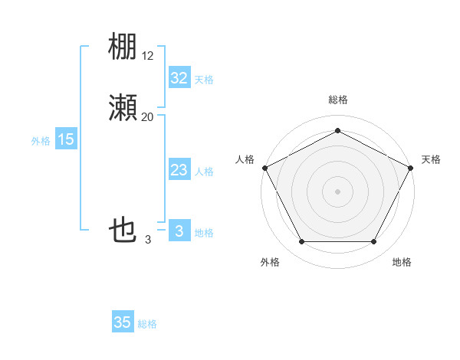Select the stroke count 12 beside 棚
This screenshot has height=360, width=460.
point(148,56)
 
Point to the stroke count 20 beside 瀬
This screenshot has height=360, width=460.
point(148,117)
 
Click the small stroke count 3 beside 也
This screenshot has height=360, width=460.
point(148,240)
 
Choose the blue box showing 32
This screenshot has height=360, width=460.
point(179,78)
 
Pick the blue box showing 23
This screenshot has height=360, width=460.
point(179,170)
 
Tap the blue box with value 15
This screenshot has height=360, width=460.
point(66,139)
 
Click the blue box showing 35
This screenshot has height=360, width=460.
point(123,322)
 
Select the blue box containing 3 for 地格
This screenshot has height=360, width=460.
point(179,231)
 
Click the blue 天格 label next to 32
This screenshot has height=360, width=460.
point(204,80)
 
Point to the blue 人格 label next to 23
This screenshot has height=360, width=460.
point(204,172)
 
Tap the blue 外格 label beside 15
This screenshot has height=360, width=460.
point(41,141)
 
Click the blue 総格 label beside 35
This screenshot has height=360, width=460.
point(147,324)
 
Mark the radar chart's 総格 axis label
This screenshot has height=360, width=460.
point(337,100)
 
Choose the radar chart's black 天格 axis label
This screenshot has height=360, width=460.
point(431,159)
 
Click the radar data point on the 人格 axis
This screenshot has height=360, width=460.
point(264,167)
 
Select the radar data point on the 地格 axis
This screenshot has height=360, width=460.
point(374,242)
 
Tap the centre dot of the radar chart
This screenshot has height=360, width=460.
point(337,191)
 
